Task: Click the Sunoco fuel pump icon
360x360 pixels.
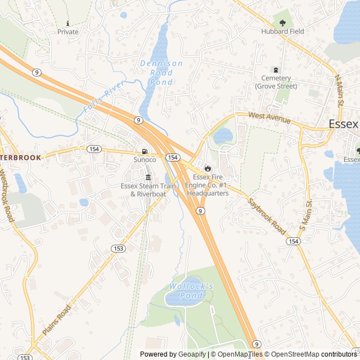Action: click(145, 151)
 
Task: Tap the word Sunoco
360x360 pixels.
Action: click(145, 160)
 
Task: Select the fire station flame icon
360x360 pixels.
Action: click(208, 168)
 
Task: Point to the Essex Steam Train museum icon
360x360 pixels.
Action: click(148, 177)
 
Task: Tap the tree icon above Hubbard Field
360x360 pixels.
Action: click(282, 22)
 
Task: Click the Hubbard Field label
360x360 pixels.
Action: click(282, 31)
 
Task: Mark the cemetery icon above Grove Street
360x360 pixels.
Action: click(276, 69)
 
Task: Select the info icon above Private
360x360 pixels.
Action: click(68, 23)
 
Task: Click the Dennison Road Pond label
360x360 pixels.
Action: click(161, 73)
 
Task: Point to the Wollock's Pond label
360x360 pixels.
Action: click(191, 291)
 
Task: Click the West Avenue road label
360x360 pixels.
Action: click(270, 118)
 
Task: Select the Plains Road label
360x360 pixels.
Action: click(57, 320)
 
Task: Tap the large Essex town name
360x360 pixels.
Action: click(343, 124)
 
